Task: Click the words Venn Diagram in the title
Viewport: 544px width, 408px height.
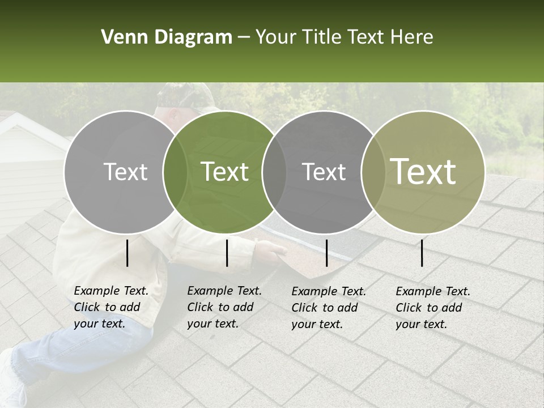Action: click(166, 37)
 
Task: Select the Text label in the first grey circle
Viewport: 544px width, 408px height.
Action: click(125, 172)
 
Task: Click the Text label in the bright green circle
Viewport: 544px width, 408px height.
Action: click(224, 172)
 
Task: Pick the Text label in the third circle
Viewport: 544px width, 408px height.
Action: click(324, 172)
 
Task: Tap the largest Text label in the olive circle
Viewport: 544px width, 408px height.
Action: click(423, 172)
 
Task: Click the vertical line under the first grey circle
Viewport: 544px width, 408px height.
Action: click(127, 253)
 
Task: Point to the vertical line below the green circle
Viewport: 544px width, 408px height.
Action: click(227, 253)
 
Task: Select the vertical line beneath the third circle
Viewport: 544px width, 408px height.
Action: click(326, 253)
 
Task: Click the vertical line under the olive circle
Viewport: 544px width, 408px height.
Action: click(422, 253)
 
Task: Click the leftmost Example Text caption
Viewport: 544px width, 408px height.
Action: click(110, 307)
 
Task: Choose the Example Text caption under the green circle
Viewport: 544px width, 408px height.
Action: click(224, 307)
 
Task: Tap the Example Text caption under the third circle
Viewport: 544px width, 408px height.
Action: click(328, 308)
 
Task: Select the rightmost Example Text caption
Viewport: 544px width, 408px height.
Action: click(432, 308)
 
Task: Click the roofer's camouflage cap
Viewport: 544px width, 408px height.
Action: click(184, 96)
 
